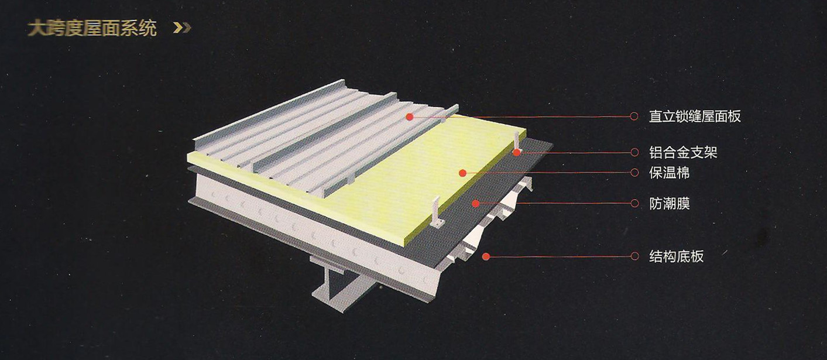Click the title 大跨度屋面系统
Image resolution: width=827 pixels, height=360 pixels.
click(x=92, y=29)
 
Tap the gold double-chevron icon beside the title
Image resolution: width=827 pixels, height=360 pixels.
click(x=182, y=28)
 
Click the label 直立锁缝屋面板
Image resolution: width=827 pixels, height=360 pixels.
click(x=695, y=116)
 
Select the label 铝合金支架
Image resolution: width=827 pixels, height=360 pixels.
click(x=683, y=152)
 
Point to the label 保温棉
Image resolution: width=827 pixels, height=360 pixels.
click(x=670, y=173)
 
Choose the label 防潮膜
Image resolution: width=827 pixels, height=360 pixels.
click(x=670, y=203)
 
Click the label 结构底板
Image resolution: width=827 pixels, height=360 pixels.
click(x=677, y=256)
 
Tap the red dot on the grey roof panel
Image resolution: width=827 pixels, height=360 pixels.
click(x=409, y=116)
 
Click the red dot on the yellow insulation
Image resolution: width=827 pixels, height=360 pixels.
click(x=462, y=173)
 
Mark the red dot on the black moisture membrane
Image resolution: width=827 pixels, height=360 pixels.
click(x=475, y=203)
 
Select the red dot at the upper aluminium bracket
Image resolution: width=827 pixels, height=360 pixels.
click(x=517, y=152)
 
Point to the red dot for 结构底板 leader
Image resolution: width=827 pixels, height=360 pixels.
click(x=486, y=256)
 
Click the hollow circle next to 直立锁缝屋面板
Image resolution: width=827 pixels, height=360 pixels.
click(x=634, y=116)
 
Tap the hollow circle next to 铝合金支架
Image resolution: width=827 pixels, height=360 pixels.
click(x=634, y=152)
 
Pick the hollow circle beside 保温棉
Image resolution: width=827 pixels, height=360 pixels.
click(x=634, y=173)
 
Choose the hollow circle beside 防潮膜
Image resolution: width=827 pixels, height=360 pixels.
click(x=634, y=203)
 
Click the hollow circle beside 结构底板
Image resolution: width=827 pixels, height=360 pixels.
click(x=634, y=256)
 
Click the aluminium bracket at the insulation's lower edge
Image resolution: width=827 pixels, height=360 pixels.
click(x=437, y=214)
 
